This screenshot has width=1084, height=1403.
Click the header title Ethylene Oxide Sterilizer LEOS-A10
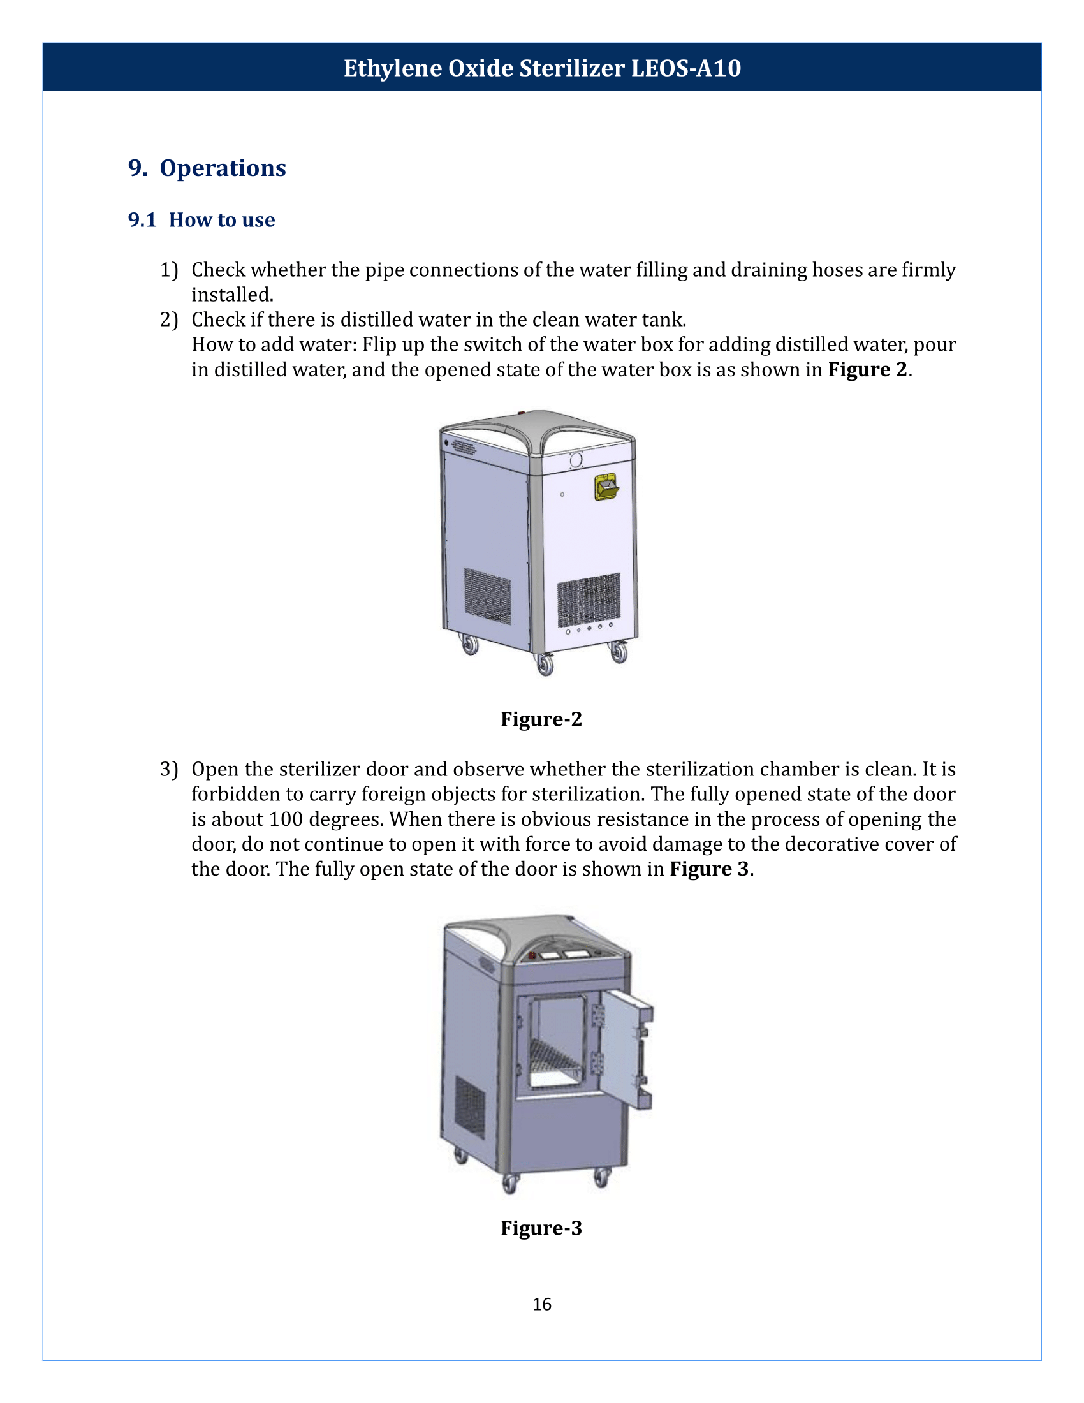(542, 68)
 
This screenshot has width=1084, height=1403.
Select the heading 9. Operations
(207, 168)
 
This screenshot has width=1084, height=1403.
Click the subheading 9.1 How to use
(201, 220)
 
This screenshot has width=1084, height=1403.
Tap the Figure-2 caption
(541, 719)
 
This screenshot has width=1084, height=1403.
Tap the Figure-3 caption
(541, 1228)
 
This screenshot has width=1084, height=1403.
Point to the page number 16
(541, 1304)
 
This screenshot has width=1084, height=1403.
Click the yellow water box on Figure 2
(606, 487)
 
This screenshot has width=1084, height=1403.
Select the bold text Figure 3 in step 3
(709, 869)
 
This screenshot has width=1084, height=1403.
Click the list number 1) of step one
(169, 270)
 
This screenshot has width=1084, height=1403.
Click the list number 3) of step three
(169, 770)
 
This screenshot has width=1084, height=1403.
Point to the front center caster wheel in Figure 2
(545, 665)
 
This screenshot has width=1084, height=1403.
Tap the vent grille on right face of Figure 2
(589, 599)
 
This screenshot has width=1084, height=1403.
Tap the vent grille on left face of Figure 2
(487, 596)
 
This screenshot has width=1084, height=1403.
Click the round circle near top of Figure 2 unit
(575, 460)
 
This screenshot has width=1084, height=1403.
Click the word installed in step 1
(231, 295)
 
